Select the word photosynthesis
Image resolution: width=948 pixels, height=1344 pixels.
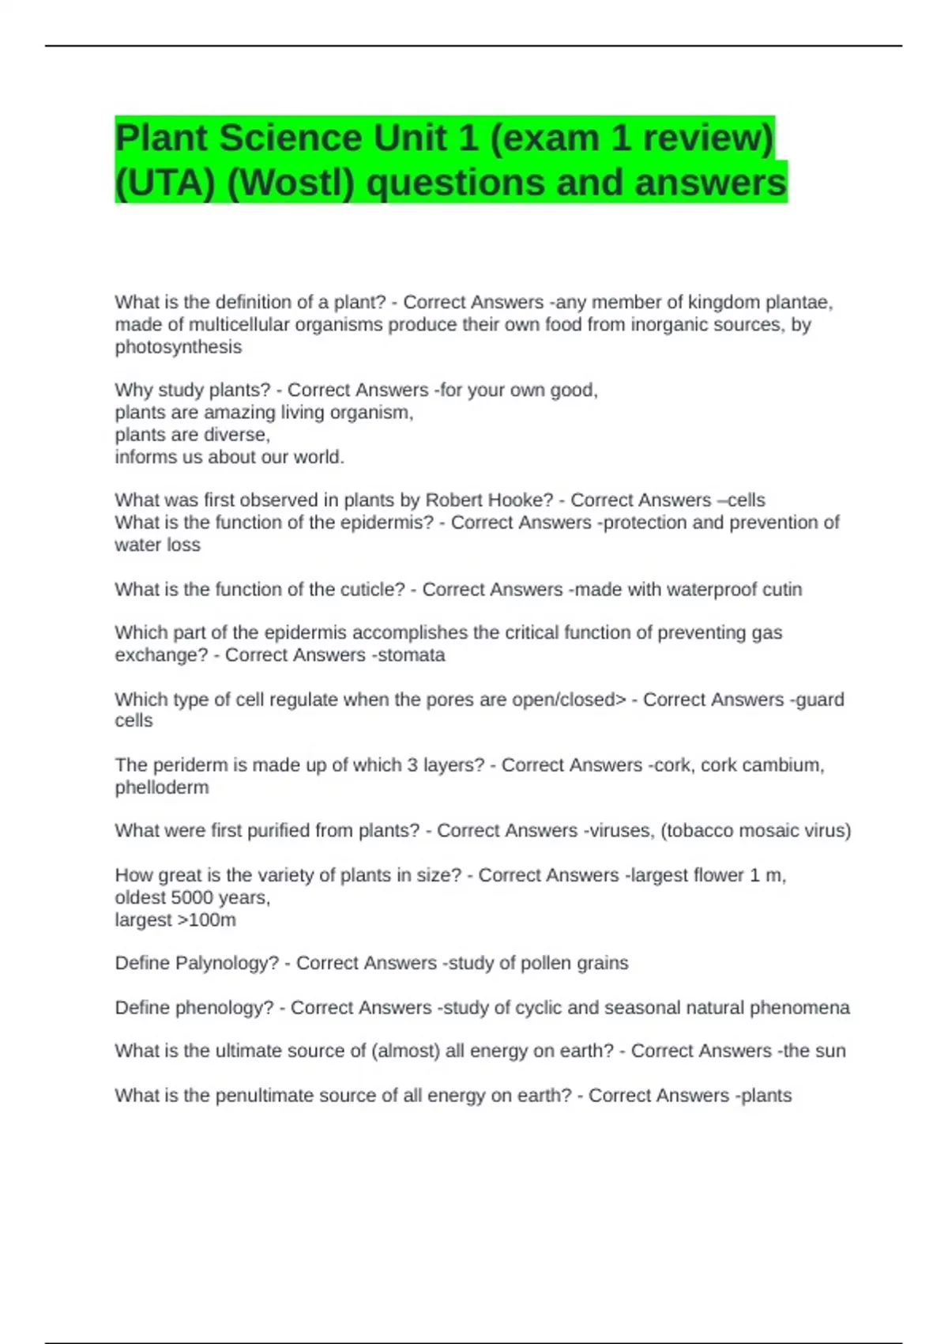tap(179, 347)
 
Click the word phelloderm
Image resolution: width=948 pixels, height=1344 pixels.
tap(162, 787)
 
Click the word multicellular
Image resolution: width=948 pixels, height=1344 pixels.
tap(243, 325)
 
